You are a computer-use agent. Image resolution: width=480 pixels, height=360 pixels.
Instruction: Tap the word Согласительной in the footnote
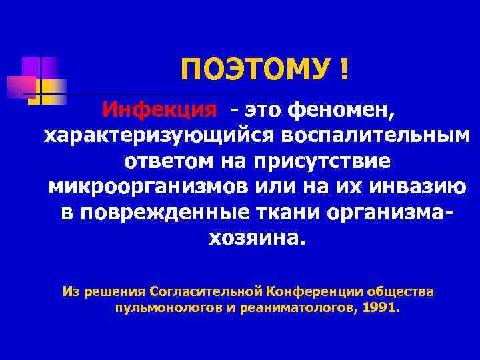point(206,291)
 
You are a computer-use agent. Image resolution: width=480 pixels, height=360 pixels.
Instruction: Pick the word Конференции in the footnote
point(306,291)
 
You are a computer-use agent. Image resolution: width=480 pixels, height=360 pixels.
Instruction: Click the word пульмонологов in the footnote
point(163,309)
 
